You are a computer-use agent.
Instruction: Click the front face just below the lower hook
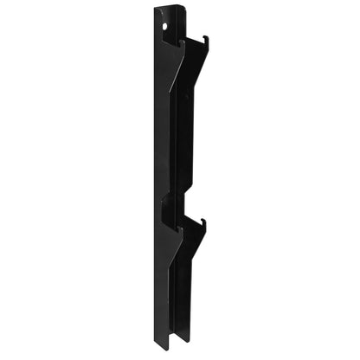(x=173, y=277)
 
